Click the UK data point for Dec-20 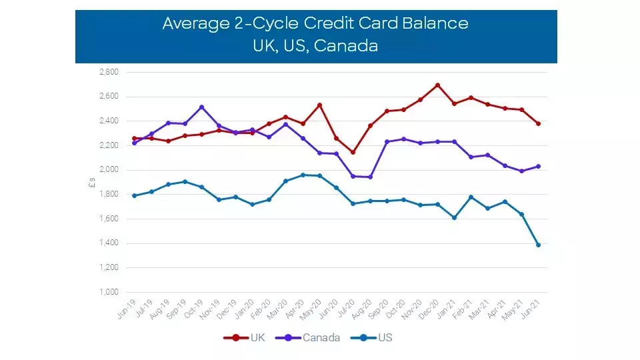click(437, 85)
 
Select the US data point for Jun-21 click(538, 245)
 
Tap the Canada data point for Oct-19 click(201, 107)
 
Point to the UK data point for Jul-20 click(353, 152)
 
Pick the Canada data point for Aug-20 click(370, 177)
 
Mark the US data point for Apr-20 click(303, 175)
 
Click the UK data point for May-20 click(319, 105)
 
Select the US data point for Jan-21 click(454, 217)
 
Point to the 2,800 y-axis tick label click(109, 72)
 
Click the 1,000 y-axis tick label click(109, 292)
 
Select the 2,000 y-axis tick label click(109, 170)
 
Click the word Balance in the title click(435, 23)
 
